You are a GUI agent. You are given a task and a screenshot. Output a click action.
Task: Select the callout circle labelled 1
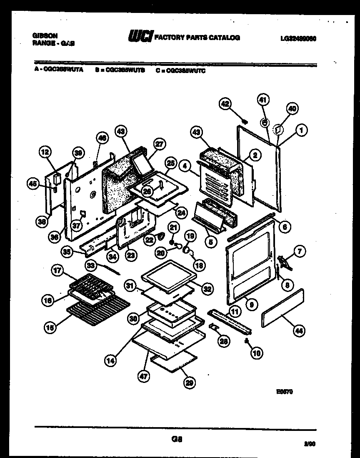(x=302, y=131)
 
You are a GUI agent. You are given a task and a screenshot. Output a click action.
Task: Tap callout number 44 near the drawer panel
(x=299, y=332)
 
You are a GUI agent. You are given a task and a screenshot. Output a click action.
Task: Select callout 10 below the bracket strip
(x=257, y=353)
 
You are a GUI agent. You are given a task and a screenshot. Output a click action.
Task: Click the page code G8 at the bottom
(x=177, y=439)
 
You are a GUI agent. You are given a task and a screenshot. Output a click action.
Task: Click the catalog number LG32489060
(x=298, y=38)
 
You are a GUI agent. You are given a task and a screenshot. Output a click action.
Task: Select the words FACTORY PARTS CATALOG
(x=197, y=38)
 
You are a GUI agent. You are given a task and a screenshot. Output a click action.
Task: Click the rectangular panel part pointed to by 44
(x=282, y=309)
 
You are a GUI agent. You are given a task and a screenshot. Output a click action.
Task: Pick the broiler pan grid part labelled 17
(x=89, y=286)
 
